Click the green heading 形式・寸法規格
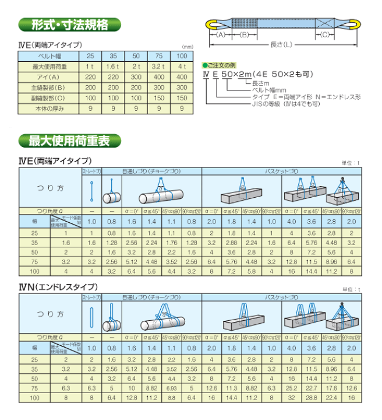click(70, 25)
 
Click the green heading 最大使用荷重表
click(70, 141)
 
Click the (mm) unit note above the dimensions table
click(187, 47)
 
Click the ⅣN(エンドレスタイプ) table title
click(58, 287)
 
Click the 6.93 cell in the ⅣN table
click(172, 387)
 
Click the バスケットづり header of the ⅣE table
click(281, 171)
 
